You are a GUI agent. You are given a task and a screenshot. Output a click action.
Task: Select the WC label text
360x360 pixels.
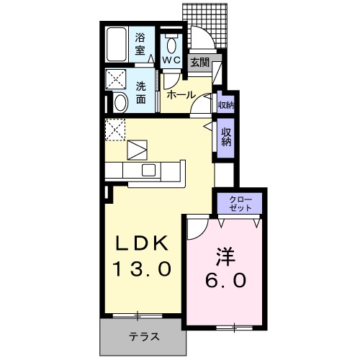coord(171,60)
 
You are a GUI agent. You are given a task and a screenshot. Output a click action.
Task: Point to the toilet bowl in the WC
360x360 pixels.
coord(171,42)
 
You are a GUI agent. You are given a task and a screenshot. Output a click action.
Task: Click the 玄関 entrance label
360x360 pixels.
coord(199,63)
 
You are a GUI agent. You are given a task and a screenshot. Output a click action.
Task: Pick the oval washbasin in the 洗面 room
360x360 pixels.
coord(120,102)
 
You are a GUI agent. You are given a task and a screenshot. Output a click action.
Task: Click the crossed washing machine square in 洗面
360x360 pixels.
coord(117,78)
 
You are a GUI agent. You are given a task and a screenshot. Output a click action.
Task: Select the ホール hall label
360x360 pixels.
coord(180,94)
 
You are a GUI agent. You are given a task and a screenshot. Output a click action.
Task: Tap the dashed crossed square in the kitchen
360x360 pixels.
coord(115,130)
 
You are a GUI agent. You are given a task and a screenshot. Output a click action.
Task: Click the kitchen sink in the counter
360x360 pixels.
coord(149,170)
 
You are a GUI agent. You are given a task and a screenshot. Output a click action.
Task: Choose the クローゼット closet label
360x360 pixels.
coord(241,202)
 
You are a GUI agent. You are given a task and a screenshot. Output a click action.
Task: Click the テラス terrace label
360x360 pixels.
coord(144,336)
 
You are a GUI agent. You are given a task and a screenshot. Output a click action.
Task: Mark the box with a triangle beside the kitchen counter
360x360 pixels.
coord(138,150)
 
